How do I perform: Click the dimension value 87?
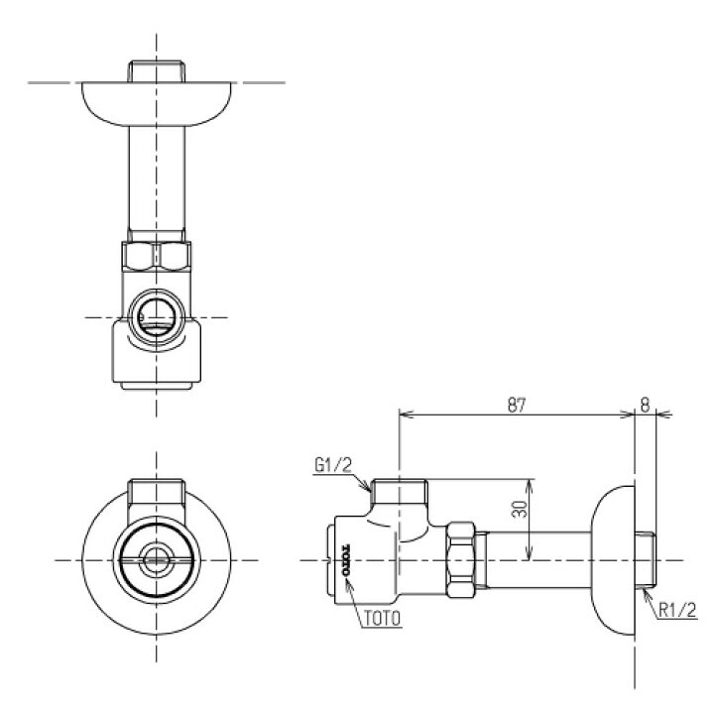click(517, 405)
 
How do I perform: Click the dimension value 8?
click(646, 405)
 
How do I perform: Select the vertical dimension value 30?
click(520, 509)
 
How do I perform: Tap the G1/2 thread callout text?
click(334, 465)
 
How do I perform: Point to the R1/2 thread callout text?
click(678, 610)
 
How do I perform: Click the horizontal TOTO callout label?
click(382, 618)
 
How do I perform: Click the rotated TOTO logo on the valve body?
click(345, 560)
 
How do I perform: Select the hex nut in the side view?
click(461, 560)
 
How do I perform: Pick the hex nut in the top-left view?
click(157, 257)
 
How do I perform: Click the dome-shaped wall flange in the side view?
click(613, 560)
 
